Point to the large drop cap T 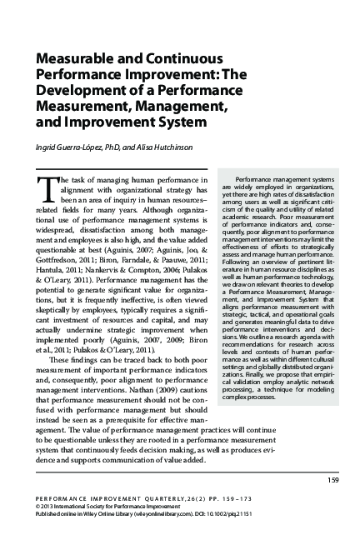tap(45, 186)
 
